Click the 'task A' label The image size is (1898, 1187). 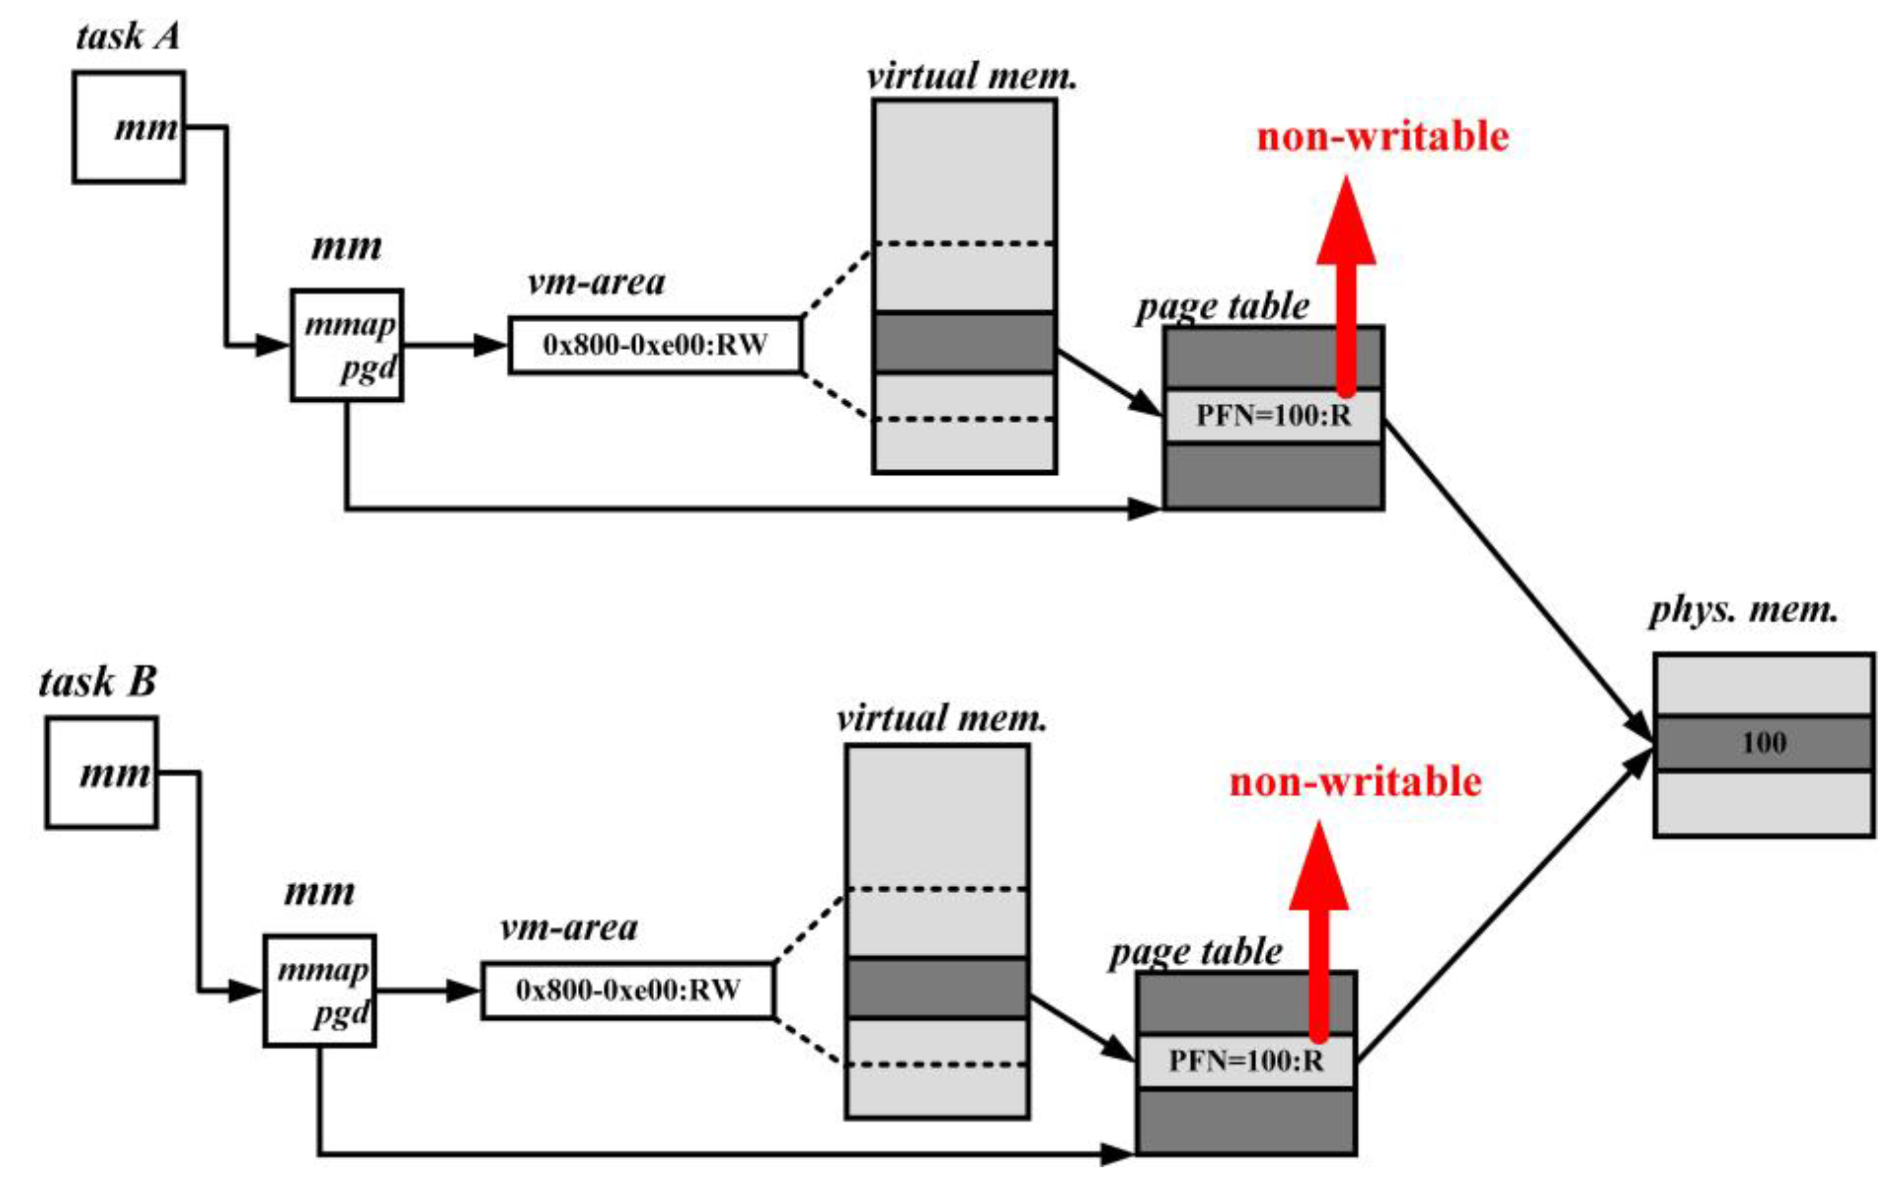click(128, 37)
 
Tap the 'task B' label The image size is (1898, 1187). click(97, 681)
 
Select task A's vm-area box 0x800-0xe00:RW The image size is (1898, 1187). click(655, 345)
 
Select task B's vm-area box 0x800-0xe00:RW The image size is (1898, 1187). click(628, 990)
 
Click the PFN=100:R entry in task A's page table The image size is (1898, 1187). click(1273, 416)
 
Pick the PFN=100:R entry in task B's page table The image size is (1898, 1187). click(1246, 1061)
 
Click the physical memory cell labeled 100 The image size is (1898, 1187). click(1764, 742)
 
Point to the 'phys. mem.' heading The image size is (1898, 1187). click(1744, 610)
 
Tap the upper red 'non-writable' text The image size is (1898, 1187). click(1383, 137)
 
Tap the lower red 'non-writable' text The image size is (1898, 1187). click(1355, 783)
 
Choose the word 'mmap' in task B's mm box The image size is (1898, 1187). click(323, 971)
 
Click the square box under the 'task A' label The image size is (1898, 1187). click(129, 127)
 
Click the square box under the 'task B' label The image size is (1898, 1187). click(101, 773)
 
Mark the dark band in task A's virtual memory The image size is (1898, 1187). click(964, 342)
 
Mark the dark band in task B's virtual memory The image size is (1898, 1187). click(937, 988)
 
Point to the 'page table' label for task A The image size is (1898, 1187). click(1222, 306)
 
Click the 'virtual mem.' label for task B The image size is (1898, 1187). click(941, 718)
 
